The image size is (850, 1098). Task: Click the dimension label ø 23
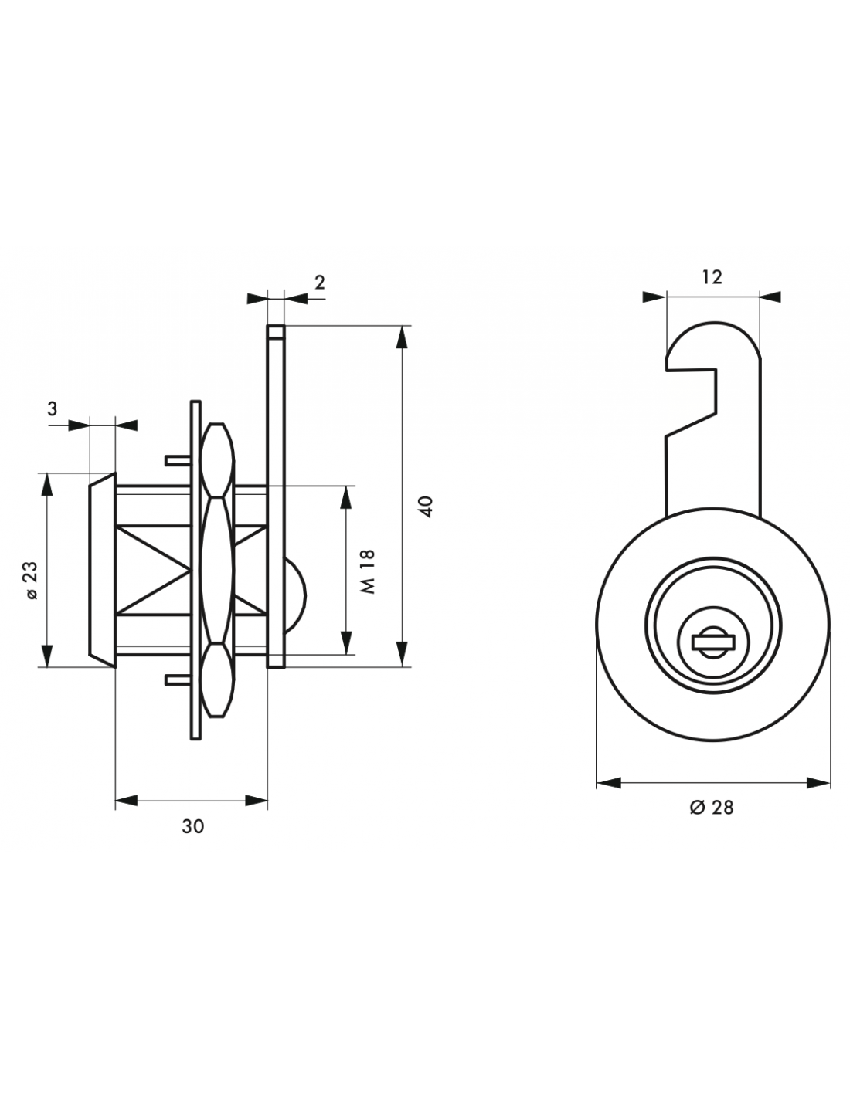pyautogui.click(x=31, y=580)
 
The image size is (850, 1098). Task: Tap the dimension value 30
pyautogui.click(x=192, y=827)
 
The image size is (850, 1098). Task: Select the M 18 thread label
pyautogui.click(x=369, y=571)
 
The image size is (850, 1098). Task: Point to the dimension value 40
pyautogui.click(x=427, y=507)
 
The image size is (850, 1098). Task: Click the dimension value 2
pyautogui.click(x=320, y=283)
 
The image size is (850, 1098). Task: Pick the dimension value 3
pyautogui.click(x=53, y=408)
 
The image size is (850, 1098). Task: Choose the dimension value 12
pyautogui.click(x=712, y=277)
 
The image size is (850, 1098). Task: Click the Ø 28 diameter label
pyautogui.click(x=711, y=808)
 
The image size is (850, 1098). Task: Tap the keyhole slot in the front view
pyautogui.click(x=713, y=642)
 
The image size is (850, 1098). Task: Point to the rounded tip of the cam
pyautogui.click(x=713, y=326)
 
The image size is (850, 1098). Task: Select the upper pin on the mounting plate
pyautogui.click(x=178, y=460)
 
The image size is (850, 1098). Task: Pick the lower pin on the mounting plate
pyautogui.click(x=178, y=680)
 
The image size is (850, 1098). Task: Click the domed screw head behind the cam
pyautogui.click(x=294, y=596)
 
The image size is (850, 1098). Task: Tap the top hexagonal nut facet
pyautogui.click(x=217, y=460)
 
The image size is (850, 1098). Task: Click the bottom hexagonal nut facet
pyautogui.click(x=217, y=679)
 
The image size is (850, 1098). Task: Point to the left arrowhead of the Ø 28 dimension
pyautogui.click(x=608, y=783)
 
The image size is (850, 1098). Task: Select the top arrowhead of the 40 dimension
pyautogui.click(x=402, y=337)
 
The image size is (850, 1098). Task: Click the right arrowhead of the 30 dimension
pyautogui.click(x=256, y=801)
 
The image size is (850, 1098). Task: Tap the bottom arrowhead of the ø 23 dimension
pyautogui.click(x=47, y=656)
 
